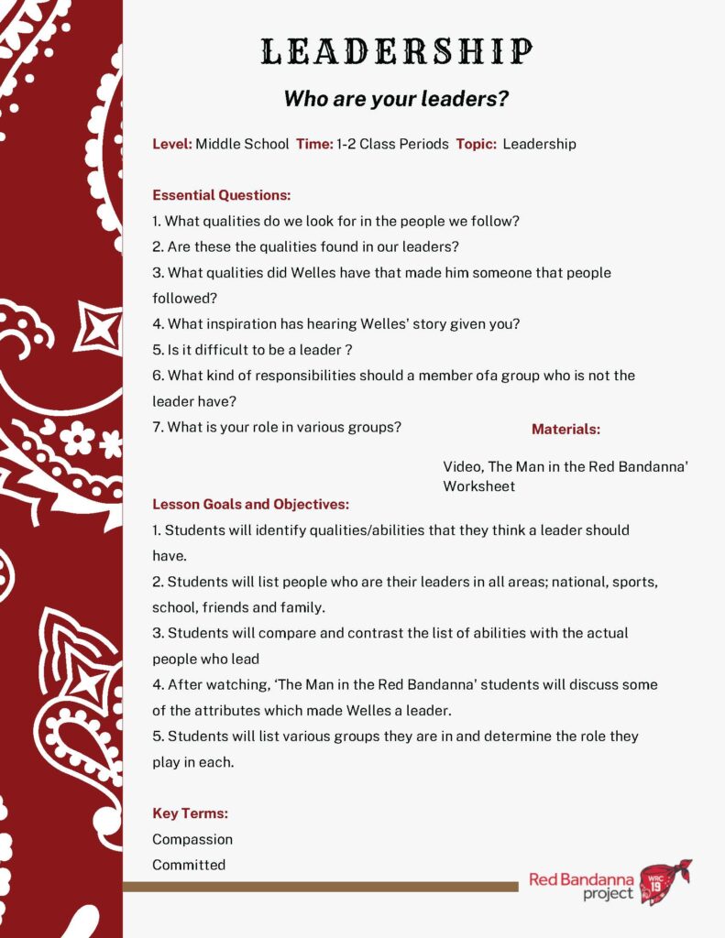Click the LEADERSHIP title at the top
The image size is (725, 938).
(x=396, y=51)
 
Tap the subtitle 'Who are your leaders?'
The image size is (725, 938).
(x=396, y=99)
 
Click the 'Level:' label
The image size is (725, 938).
(x=171, y=144)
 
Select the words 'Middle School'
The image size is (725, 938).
(x=242, y=144)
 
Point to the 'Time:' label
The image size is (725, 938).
(x=314, y=144)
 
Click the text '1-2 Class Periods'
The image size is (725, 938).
(x=392, y=144)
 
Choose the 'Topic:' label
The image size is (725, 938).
(x=476, y=144)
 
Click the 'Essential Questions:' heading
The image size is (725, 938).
(x=221, y=195)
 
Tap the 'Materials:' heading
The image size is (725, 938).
(x=566, y=429)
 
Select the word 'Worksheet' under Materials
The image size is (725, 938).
(x=478, y=486)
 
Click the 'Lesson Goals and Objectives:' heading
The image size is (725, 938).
(x=250, y=504)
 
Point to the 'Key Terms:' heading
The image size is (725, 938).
(x=190, y=813)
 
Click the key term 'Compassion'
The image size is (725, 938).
(x=192, y=839)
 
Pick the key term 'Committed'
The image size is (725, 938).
(x=189, y=865)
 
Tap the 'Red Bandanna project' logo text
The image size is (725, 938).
(x=581, y=886)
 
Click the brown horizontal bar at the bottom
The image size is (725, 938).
(x=320, y=886)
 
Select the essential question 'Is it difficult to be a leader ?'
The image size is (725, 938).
(x=252, y=349)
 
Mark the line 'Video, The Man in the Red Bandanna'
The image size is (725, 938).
(x=566, y=466)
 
